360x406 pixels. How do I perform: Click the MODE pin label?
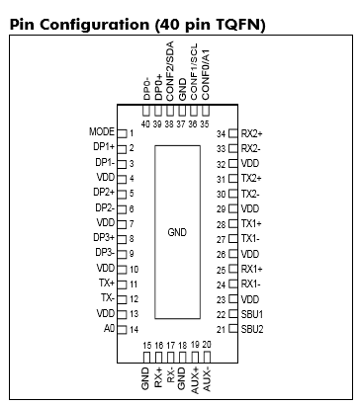(x=102, y=132)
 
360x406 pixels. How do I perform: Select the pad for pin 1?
(x=122, y=133)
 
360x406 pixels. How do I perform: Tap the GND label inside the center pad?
(x=177, y=232)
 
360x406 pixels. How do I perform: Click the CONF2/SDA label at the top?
(x=170, y=71)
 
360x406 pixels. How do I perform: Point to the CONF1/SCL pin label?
(x=194, y=71)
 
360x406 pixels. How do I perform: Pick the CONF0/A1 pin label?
(x=206, y=75)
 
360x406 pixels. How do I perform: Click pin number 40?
(x=145, y=124)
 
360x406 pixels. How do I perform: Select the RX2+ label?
(x=252, y=133)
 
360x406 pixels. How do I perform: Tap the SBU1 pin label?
(x=252, y=314)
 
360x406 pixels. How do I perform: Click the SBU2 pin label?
(x=252, y=329)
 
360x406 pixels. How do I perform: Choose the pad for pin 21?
(x=233, y=328)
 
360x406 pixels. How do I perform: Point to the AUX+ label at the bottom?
(x=195, y=380)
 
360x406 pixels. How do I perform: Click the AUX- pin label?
(x=207, y=380)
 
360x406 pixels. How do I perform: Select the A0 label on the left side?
(x=109, y=329)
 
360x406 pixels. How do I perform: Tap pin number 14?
(x=134, y=329)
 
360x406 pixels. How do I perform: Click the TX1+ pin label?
(x=251, y=224)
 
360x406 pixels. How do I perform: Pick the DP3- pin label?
(x=105, y=253)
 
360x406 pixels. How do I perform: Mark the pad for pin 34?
(x=233, y=133)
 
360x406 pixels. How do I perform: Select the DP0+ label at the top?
(x=158, y=87)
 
